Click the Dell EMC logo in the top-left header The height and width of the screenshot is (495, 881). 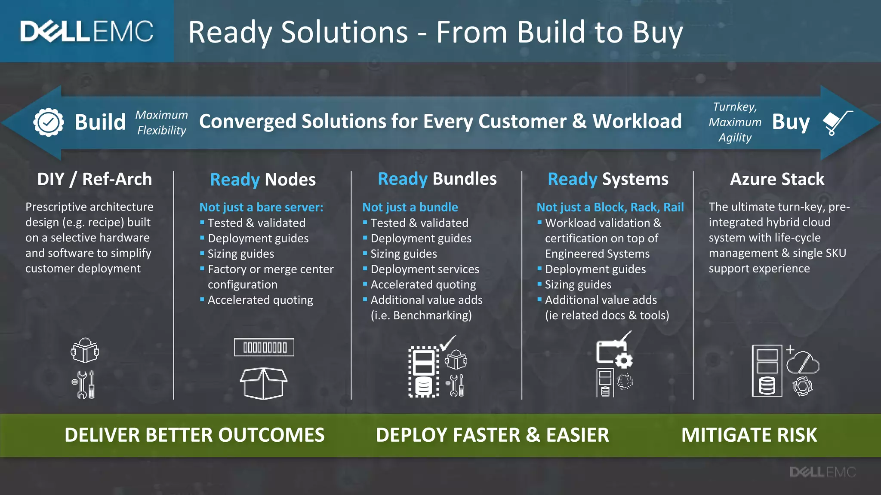pyautogui.click(x=86, y=31)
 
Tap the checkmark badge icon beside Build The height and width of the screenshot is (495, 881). pyautogui.click(x=49, y=122)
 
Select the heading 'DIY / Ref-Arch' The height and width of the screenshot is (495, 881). pyautogui.click(x=95, y=179)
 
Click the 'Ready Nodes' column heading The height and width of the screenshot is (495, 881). pyautogui.click(x=263, y=180)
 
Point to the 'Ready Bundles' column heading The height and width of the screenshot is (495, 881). pyautogui.click(x=437, y=179)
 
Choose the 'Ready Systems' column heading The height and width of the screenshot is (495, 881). pyautogui.click(x=608, y=179)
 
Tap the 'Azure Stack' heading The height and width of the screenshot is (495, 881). pyautogui.click(x=777, y=179)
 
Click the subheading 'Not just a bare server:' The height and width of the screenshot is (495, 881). pyautogui.click(x=261, y=207)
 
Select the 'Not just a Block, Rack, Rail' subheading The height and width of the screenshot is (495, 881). pyautogui.click(x=610, y=207)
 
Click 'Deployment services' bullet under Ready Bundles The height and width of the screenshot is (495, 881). pyautogui.click(x=425, y=269)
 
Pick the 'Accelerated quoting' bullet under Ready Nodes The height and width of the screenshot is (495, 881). pyautogui.click(x=260, y=300)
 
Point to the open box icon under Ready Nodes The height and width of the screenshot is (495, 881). pyautogui.click(x=263, y=383)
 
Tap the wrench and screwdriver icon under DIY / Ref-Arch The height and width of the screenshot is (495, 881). pyautogui.click(x=84, y=385)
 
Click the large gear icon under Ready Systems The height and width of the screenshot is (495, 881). pyautogui.click(x=623, y=360)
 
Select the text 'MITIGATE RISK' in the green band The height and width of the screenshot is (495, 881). pyautogui.click(x=749, y=435)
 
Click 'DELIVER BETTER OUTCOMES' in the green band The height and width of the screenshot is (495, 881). pyautogui.click(x=194, y=435)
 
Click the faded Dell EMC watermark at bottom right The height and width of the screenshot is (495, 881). pyautogui.click(x=822, y=472)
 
